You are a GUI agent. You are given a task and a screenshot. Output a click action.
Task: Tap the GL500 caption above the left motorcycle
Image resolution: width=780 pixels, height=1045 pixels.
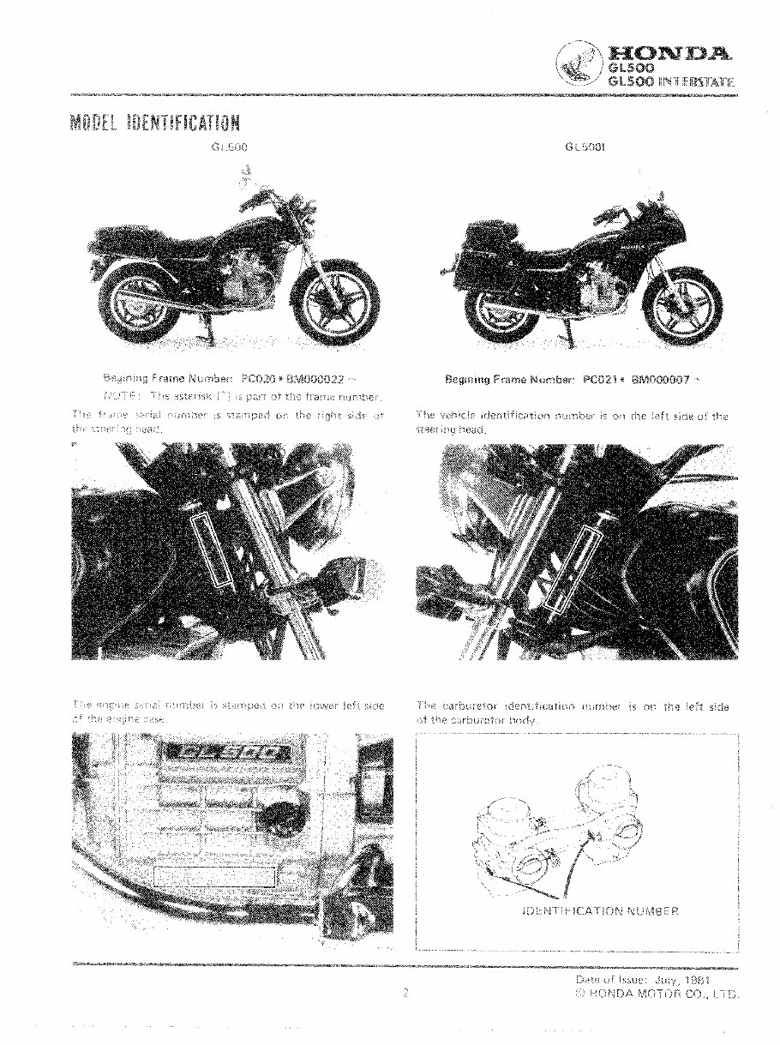point(230,147)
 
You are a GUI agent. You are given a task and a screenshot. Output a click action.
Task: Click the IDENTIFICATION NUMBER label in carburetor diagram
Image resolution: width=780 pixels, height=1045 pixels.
point(600,910)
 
